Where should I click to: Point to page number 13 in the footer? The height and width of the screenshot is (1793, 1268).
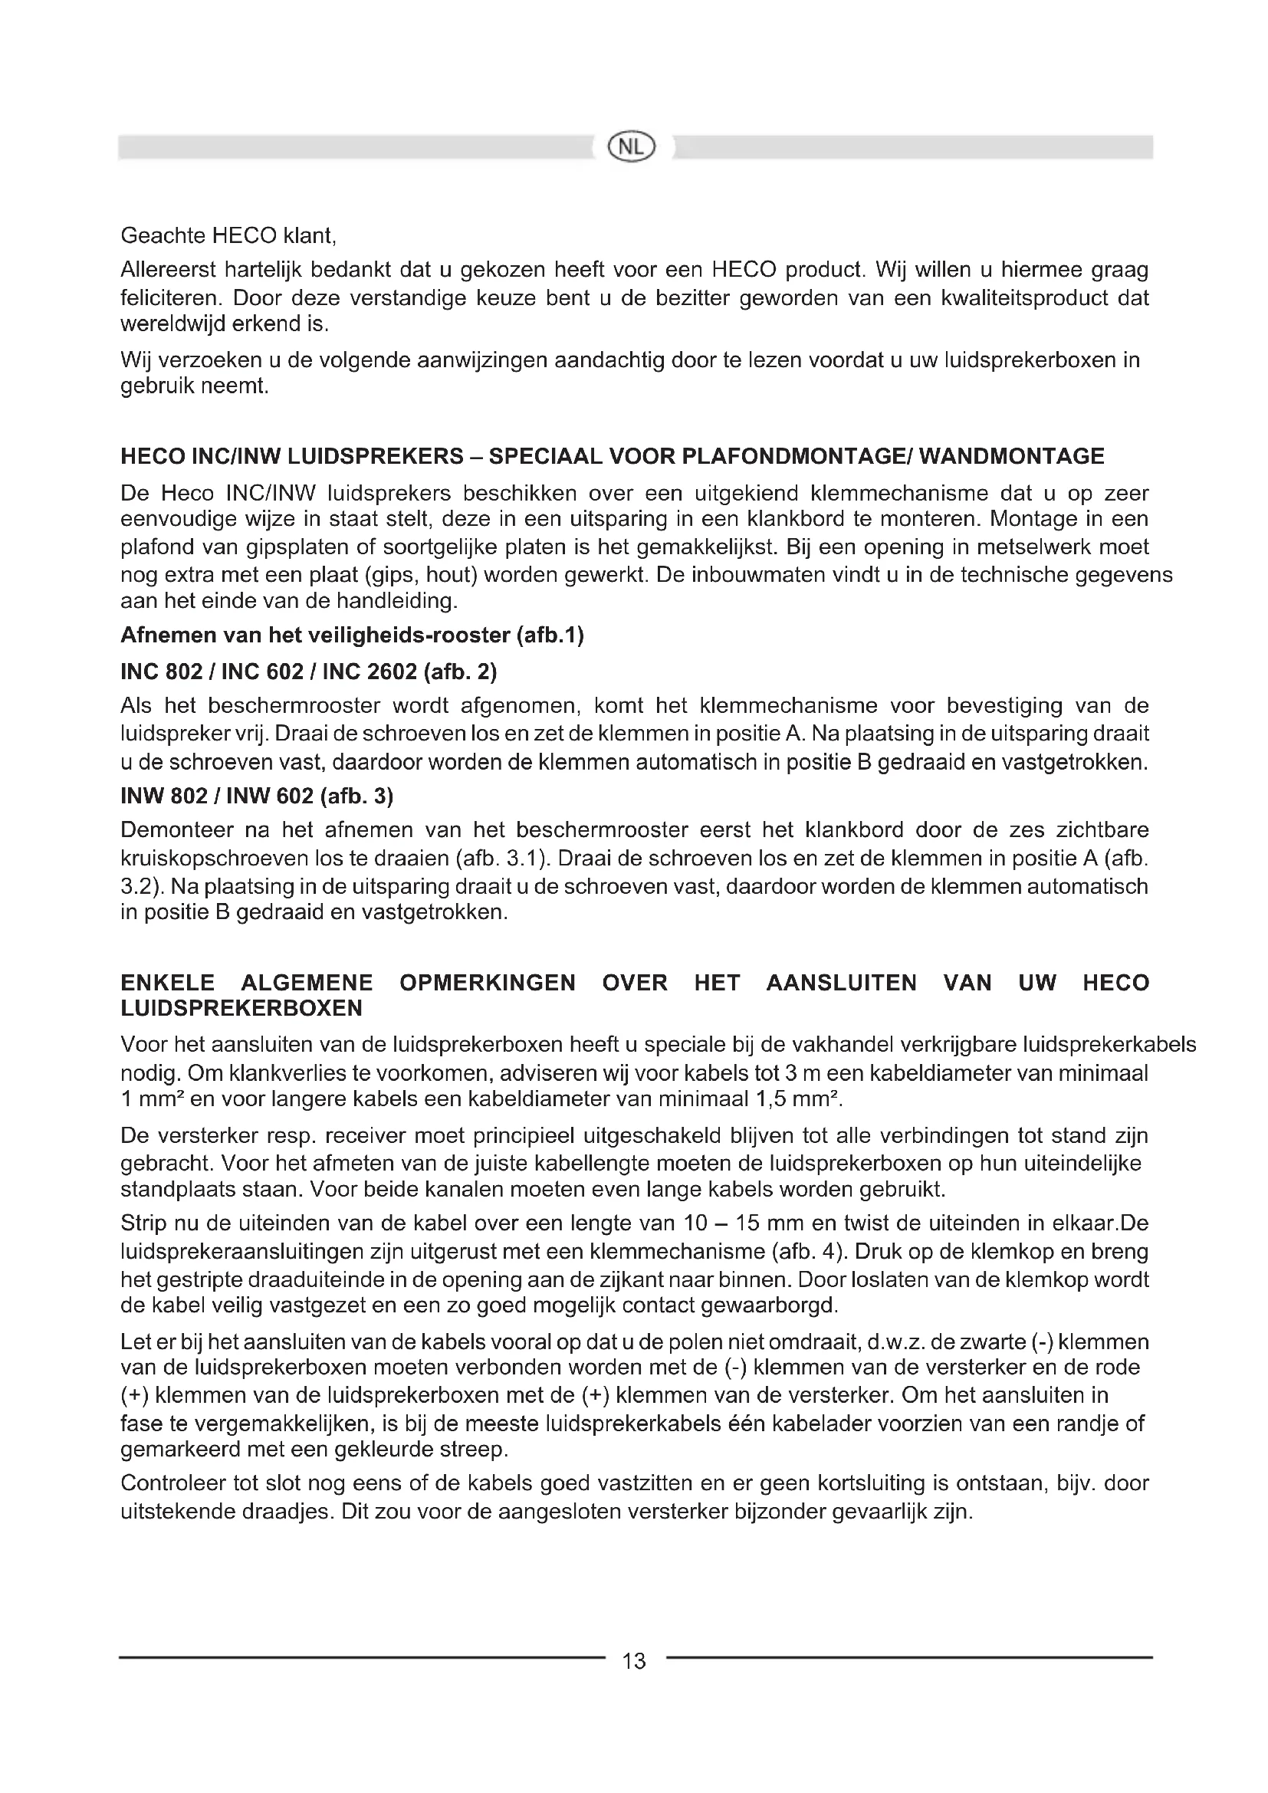click(x=635, y=1661)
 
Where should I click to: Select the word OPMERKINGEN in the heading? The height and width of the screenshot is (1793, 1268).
click(x=488, y=983)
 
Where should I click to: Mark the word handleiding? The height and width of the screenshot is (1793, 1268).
click(x=396, y=602)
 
